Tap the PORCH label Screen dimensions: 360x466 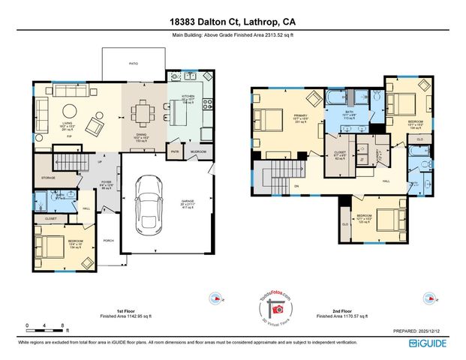click(x=107, y=241)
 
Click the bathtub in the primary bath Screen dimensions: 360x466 click(x=334, y=97)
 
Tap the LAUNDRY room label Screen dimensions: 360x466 click(x=378, y=156)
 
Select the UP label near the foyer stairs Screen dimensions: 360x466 click(x=100, y=161)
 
